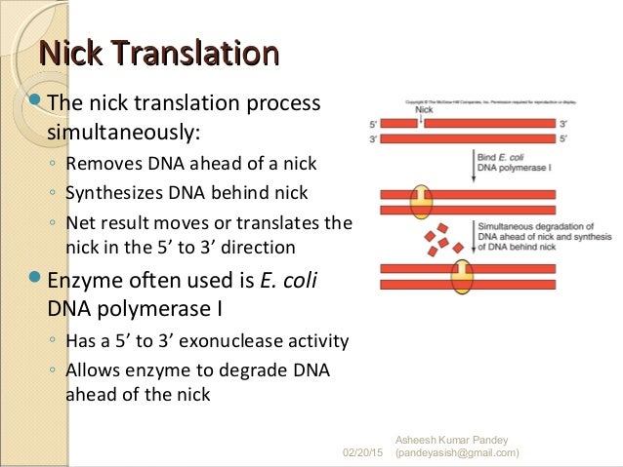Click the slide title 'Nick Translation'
point(157,53)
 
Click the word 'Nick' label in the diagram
point(424,110)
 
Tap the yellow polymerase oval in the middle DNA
point(421,201)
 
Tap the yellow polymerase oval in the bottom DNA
point(461,276)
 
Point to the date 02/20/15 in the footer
point(363,453)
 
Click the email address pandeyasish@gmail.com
point(455,453)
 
